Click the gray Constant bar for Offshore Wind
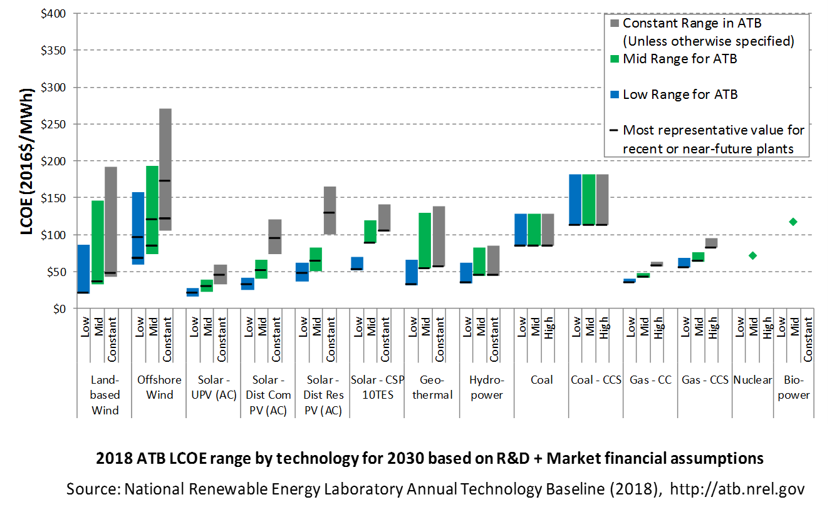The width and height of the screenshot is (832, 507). tap(165, 170)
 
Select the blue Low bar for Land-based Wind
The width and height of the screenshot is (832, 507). tap(83, 269)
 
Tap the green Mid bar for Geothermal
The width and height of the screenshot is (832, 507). tap(425, 241)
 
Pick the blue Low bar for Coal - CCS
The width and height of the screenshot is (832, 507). tap(575, 200)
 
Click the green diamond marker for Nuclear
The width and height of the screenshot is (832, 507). tap(752, 255)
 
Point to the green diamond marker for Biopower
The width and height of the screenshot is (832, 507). tap(793, 222)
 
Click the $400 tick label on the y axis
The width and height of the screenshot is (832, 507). tap(53, 14)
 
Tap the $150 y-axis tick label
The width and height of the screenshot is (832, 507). tap(53, 198)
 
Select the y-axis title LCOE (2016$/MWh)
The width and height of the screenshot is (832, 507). tap(27, 161)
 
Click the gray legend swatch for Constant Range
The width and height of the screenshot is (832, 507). tap(615, 23)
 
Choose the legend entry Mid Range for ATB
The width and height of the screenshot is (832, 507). tap(680, 59)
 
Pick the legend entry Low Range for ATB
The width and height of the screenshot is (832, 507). tap(680, 95)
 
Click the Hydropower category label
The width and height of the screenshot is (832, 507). tap(487, 387)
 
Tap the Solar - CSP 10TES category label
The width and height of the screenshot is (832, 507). tap(377, 387)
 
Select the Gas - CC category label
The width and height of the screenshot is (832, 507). tap(650, 380)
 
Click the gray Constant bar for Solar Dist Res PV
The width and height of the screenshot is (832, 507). tap(330, 210)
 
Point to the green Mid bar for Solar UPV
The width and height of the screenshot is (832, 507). tap(207, 286)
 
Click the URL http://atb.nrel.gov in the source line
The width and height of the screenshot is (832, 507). tap(737, 489)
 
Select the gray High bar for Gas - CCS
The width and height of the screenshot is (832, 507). tap(711, 243)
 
